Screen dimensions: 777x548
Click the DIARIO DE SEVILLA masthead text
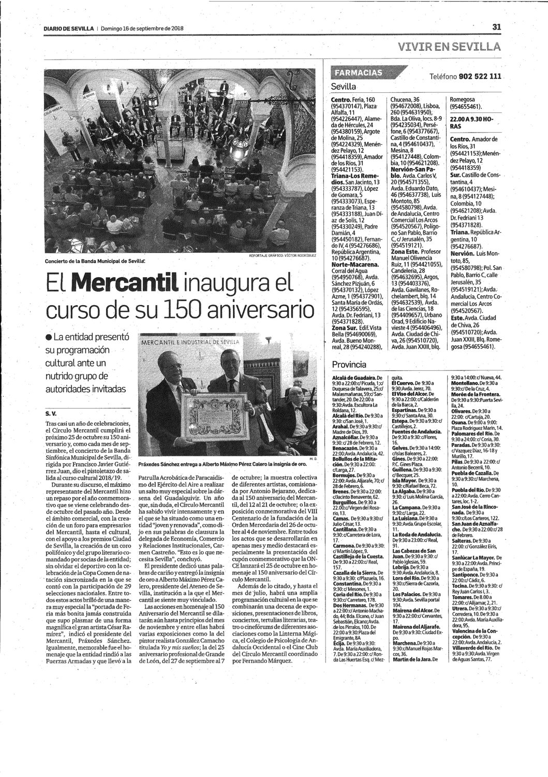coord(68,29)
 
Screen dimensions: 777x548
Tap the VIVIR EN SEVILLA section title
coord(449,47)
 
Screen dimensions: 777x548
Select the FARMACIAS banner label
coord(359,73)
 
